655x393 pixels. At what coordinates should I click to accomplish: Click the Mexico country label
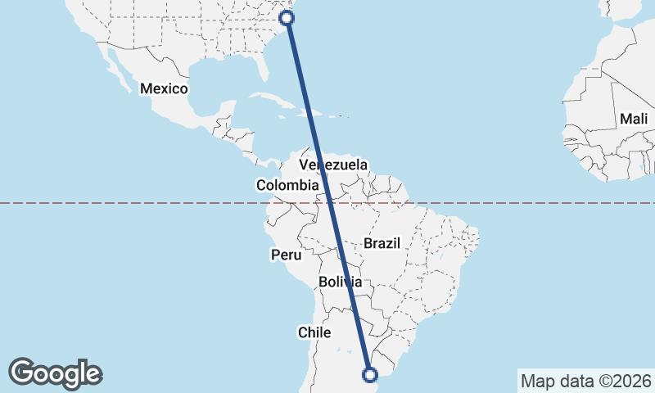[x=164, y=88]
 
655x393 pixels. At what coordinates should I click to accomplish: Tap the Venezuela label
[x=333, y=165]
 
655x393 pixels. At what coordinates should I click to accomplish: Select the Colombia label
[x=287, y=186]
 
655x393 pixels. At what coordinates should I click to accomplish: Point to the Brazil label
[x=382, y=243]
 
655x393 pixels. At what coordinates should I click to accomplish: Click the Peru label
[x=281, y=255]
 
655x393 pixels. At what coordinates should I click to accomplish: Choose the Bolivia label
[x=341, y=282]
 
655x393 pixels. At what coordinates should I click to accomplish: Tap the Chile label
[x=314, y=332]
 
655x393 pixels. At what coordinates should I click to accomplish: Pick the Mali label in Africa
[x=634, y=120]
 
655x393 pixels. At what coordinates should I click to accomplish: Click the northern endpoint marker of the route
[x=287, y=17]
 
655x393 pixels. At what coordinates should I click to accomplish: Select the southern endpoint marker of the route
[x=370, y=375]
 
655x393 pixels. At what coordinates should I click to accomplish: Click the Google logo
[x=55, y=373]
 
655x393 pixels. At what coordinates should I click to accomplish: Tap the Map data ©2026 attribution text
[x=585, y=381]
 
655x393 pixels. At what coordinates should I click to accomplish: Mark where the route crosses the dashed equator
[x=329, y=202]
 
